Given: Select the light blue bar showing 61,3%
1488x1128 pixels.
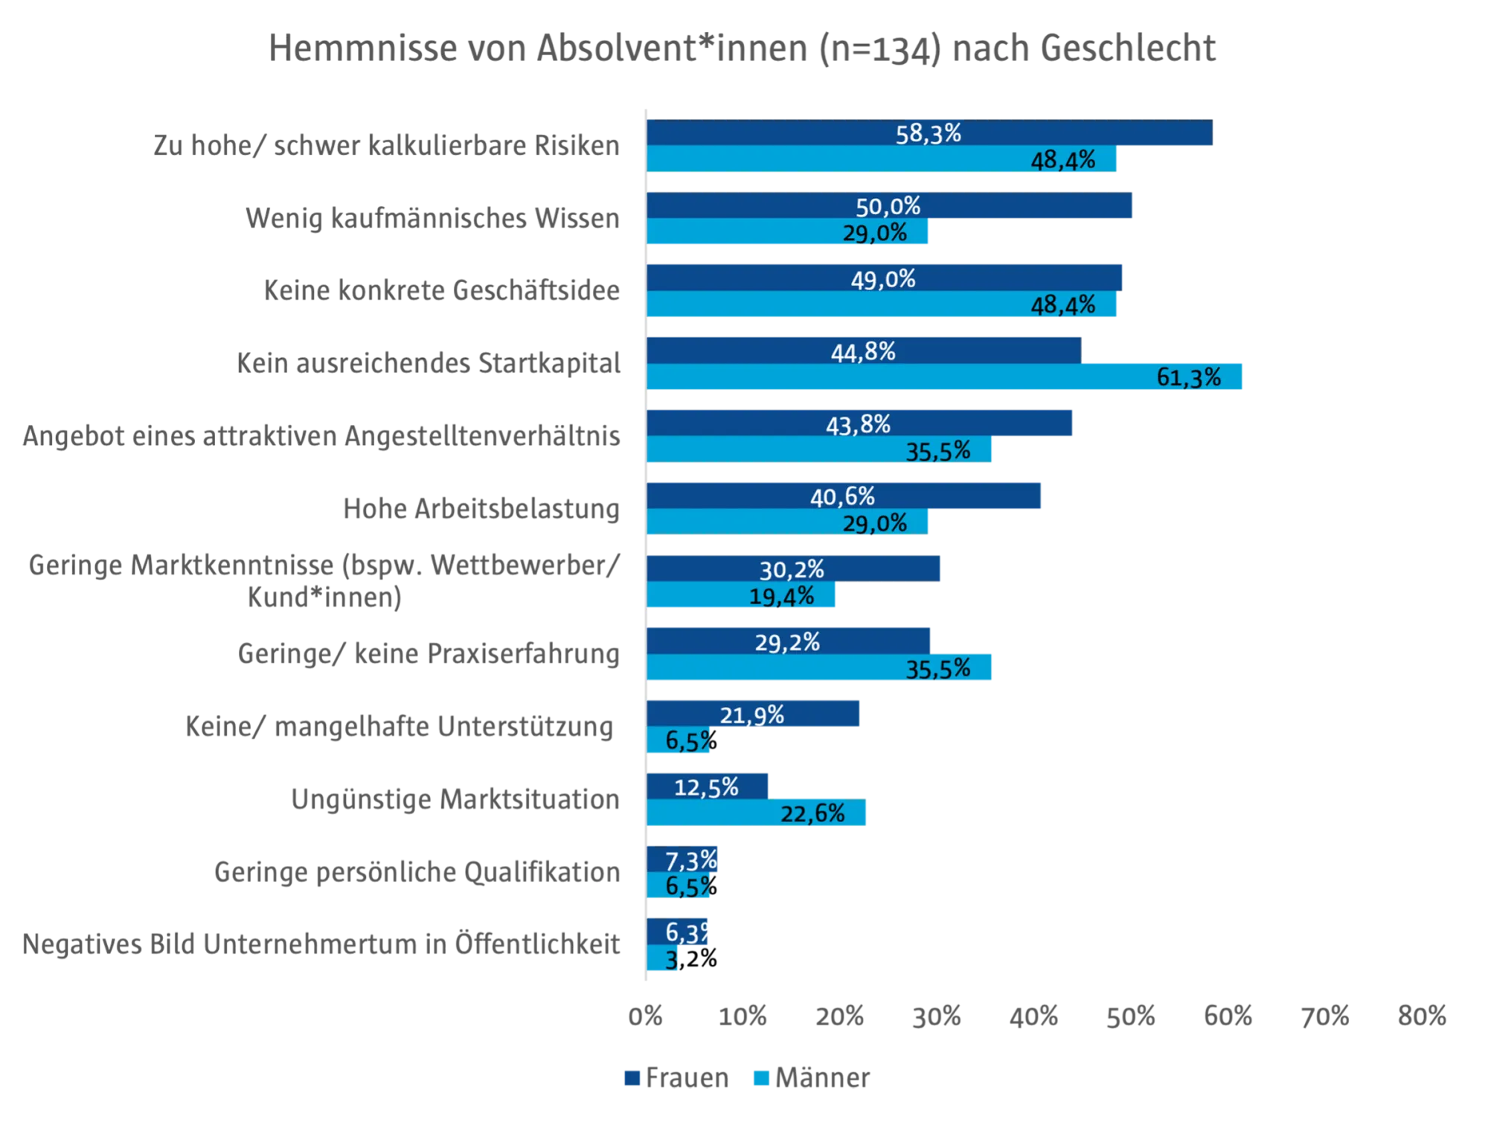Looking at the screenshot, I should click(945, 378).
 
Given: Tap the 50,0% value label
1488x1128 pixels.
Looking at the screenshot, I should click(888, 206).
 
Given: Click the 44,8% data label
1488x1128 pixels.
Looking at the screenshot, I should click(863, 351).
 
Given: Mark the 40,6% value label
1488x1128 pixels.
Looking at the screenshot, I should click(842, 496).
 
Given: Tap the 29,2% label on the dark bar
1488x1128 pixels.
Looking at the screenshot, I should click(787, 642).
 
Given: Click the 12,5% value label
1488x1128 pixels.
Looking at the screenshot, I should click(706, 787).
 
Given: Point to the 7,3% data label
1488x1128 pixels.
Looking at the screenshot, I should click(690, 861).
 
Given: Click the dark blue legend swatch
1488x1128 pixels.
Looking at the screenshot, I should click(632, 1078).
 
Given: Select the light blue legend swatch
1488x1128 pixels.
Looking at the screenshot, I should click(762, 1078).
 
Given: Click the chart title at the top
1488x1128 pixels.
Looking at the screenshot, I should click(743, 49).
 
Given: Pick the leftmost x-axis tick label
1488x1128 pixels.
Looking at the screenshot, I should click(646, 1016).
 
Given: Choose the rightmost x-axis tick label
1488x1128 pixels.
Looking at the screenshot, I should click(1421, 1016).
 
